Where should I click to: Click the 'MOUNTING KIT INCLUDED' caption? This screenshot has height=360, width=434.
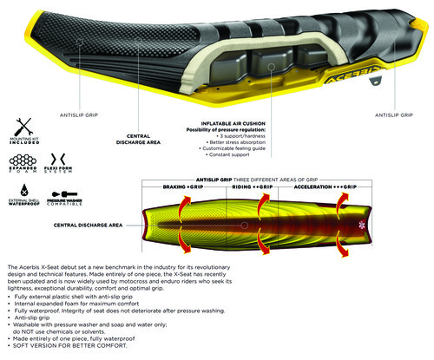coord(21,139)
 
